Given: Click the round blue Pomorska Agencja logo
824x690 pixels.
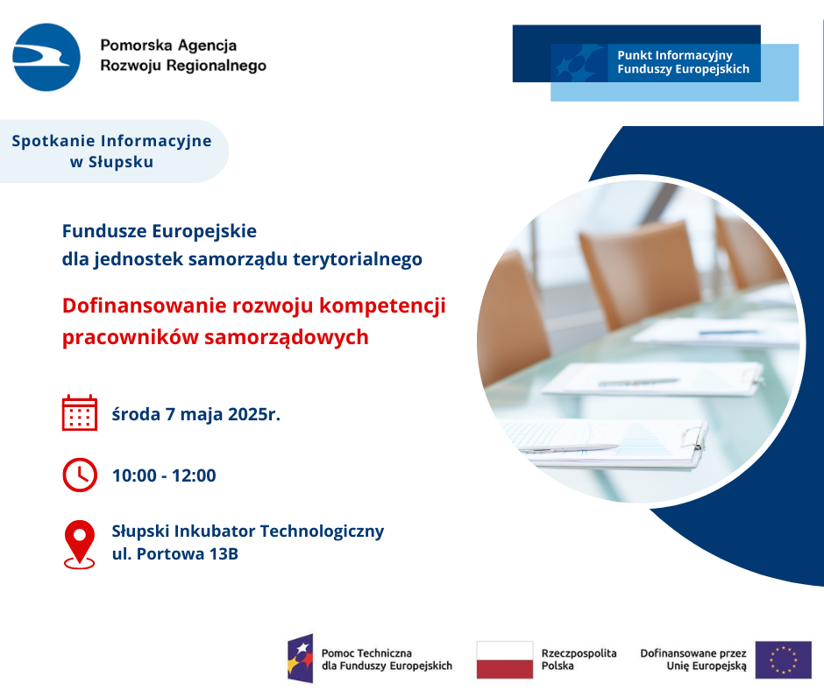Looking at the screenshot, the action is pos(46,57).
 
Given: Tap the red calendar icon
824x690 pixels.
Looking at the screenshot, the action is pos(80,412).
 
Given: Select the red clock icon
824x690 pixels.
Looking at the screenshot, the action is pos(80,475).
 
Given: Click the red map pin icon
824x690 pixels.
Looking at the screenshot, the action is pos(80,545).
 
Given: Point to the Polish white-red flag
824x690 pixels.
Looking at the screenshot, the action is pos(505,659).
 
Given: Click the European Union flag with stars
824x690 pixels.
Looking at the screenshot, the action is pos(783,659).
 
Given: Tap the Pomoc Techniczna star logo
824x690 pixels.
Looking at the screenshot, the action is pos(301,658).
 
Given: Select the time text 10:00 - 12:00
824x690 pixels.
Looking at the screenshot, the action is pos(164,475).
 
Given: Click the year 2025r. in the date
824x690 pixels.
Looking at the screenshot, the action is pos(254,414).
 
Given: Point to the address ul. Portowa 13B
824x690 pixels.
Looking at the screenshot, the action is pos(175,554).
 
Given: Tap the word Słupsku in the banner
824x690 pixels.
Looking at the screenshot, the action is pos(121,162).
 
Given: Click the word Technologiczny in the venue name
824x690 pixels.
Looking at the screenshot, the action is pos(322,532).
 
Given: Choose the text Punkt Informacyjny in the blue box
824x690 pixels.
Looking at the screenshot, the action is pos(675,55).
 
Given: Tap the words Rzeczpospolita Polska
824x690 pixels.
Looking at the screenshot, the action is pos(579,659).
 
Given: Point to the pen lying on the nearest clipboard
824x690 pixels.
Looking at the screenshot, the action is pos(569,448).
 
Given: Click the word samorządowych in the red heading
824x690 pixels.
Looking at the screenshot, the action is pos(287,337).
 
